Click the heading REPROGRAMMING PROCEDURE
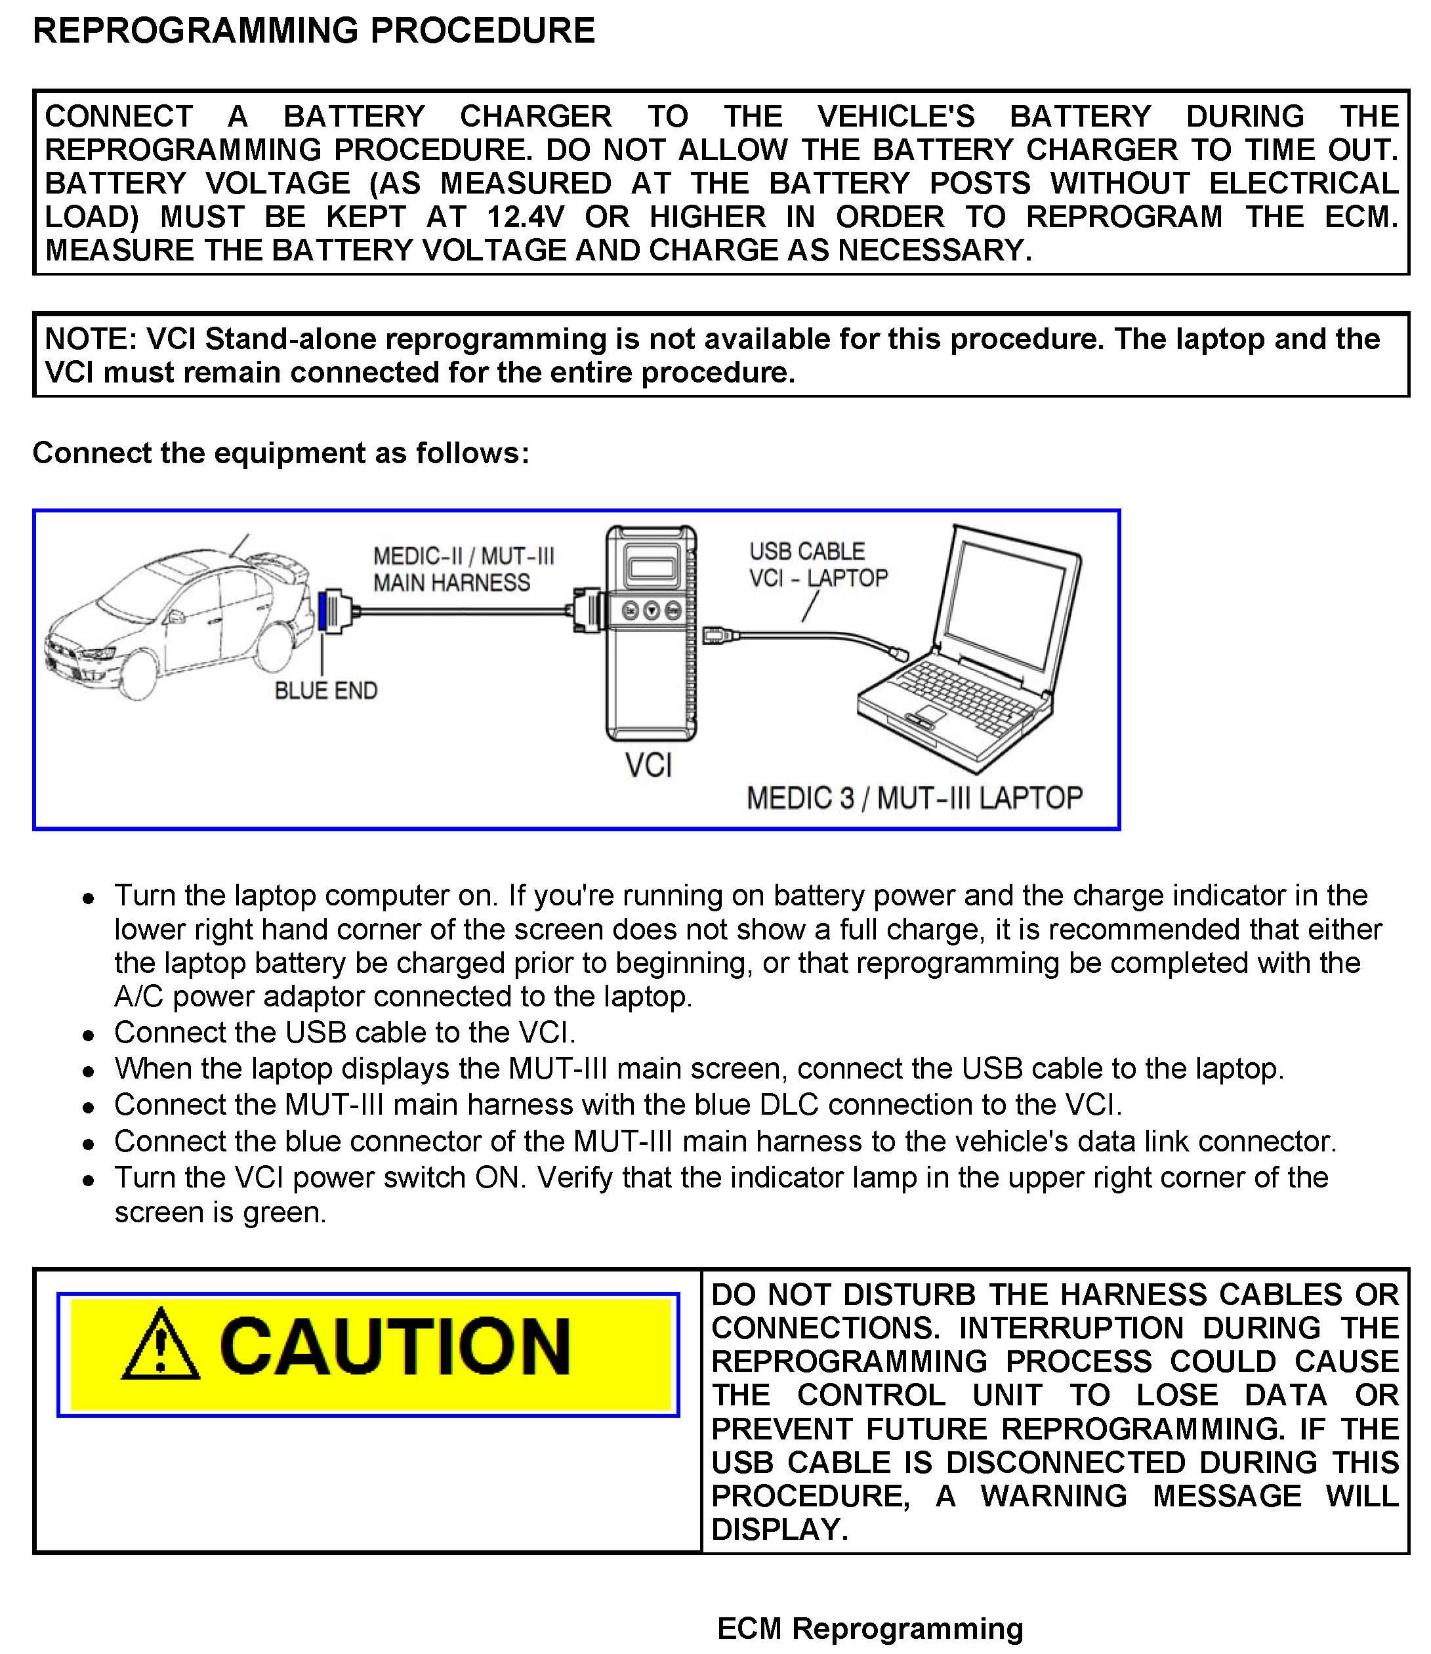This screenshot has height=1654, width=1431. [x=313, y=30]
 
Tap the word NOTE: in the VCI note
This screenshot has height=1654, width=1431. [x=91, y=339]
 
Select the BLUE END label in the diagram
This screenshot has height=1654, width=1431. [x=326, y=690]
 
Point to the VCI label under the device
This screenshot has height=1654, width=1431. [x=648, y=765]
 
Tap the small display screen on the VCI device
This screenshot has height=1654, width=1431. [x=652, y=564]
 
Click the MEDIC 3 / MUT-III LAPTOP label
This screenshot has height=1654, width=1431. [x=915, y=798]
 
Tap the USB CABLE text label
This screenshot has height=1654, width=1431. [x=806, y=551]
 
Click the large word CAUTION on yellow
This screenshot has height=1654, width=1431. [x=394, y=1346]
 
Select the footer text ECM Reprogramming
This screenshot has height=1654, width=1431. [x=869, y=1628]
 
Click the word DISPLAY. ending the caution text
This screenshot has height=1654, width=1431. [x=779, y=1529]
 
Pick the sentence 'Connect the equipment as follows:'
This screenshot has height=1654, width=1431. [x=280, y=453]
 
